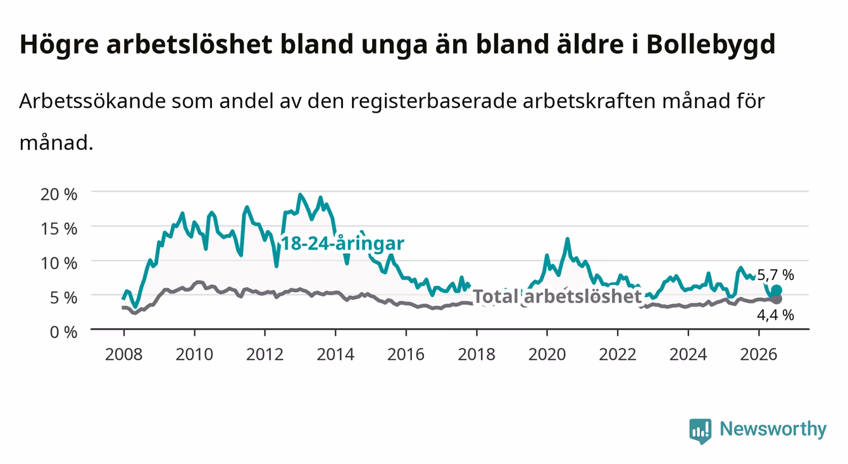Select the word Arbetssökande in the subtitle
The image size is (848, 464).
(x=92, y=101)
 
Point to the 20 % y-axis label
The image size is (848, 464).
(x=59, y=194)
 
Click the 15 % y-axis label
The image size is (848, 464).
(x=59, y=229)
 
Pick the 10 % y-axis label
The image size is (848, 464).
(x=59, y=263)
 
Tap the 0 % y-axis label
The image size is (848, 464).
(x=63, y=332)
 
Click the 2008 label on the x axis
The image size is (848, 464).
(x=124, y=355)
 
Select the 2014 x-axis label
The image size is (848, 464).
(x=335, y=355)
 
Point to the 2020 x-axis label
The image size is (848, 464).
(x=547, y=355)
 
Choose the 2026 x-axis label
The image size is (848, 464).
(x=759, y=355)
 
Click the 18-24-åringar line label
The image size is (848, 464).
(x=342, y=243)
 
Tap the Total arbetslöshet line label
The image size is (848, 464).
(x=558, y=296)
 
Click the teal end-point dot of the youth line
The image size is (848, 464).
(x=776, y=290)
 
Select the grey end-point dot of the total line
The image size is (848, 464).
(x=776, y=299)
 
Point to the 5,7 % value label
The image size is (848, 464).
(x=775, y=275)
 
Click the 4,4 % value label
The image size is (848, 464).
(x=775, y=315)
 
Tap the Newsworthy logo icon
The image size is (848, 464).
(x=701, y=431)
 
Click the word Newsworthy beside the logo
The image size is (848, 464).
(x=773, y=429)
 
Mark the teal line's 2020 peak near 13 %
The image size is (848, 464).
(x=567, y=239)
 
